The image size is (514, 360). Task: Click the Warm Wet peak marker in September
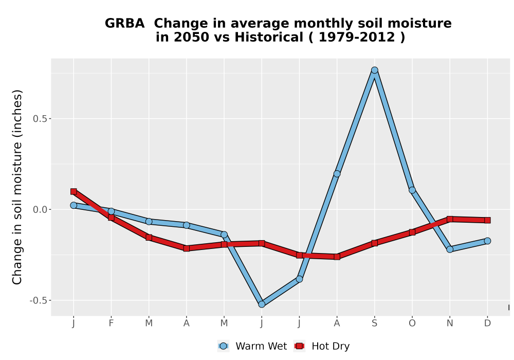(374, 70)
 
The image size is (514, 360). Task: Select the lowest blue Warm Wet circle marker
(262, 304)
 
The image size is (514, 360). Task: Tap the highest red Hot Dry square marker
(74, 191)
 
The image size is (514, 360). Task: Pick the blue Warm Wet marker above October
(412, 190)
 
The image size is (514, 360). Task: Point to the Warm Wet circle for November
(450, 249)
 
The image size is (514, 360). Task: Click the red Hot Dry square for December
(487, 220)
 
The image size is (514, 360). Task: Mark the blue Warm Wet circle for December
(487, 241)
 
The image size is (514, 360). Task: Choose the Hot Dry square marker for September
(374, 243)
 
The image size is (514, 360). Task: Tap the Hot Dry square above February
(111, 218)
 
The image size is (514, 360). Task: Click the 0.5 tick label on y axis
(40, 119)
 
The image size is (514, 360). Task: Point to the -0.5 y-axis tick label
(38, 300)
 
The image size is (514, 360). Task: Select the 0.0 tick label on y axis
(40, 209)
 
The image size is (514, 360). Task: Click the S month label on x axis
(374, 323)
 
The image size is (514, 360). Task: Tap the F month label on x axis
(111, 323)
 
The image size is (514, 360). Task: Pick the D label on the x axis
(487, 323)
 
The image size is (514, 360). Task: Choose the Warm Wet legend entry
(252, 346)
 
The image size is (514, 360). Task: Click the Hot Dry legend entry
(322, 346)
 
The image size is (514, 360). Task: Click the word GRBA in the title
(124, 24)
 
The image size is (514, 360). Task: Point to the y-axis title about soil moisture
(17, 187)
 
